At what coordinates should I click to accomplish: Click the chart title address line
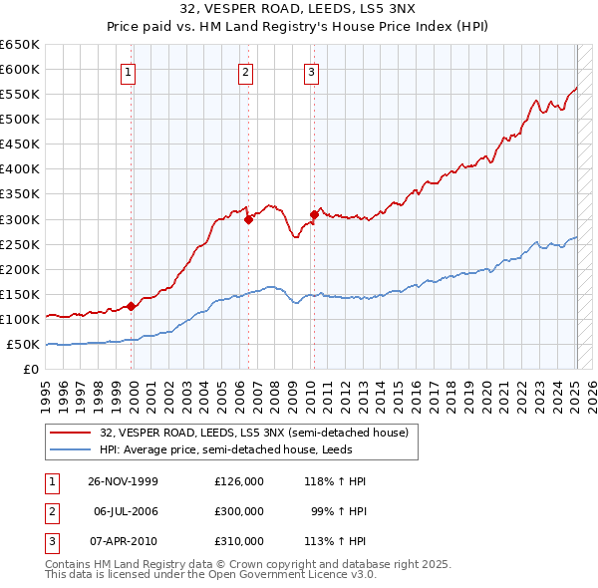(x=299, y=9)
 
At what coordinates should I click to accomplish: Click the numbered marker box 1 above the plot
(x=131, y=71)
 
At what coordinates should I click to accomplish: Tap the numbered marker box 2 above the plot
(x=245, y=71)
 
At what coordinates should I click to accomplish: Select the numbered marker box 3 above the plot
(x=311, y=71)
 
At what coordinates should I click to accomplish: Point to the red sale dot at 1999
(x=132, y=307)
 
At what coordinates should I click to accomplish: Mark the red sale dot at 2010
(x=314, y=214)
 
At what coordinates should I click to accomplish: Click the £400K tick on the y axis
(x=19, y=169)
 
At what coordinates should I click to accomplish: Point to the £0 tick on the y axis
(x=31, y=370)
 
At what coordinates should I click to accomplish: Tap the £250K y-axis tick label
(x=19, y=244)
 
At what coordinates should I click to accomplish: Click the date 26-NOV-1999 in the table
(x=124, y=481)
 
